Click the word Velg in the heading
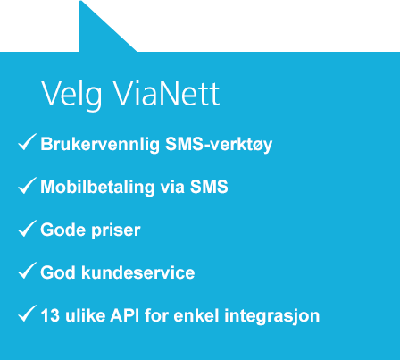[x=71, y=95]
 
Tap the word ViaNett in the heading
[x=167, y=93]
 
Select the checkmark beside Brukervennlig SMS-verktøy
[x=27, y=142]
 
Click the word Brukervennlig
[x=100, y=145]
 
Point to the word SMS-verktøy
[x=219, y=145]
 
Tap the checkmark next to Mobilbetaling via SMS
[x=27, y=185]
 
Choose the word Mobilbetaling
[x=97, y=188]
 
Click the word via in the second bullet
[x=172, y=188]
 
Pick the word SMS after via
[x=209, y=187]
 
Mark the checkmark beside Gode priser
[x=27, y=229]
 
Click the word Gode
[x=62, y=230]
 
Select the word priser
[x=115, y=230]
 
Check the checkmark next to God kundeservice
[x=27, y=271]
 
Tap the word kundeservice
[x=138, y=272]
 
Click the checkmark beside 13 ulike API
[x=27, y=314]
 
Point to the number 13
[x=50, y=315]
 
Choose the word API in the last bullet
[x=125, y=315]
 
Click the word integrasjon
[x=272, y=316]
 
